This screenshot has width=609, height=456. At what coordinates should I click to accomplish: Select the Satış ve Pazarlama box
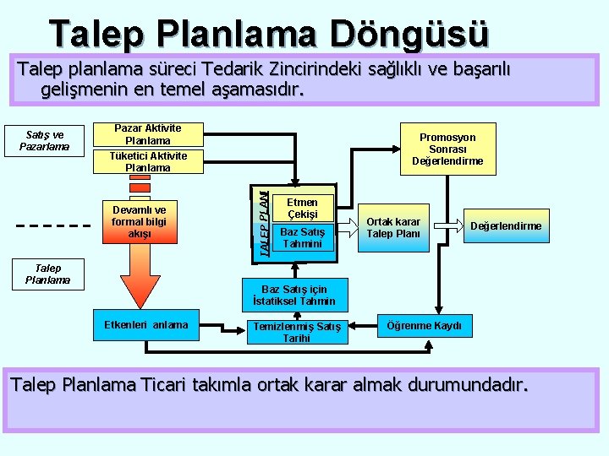click(47, 140)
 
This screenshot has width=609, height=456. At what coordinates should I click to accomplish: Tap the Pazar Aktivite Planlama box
click(147, 134)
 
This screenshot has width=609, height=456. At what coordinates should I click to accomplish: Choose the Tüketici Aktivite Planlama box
click(147, 161)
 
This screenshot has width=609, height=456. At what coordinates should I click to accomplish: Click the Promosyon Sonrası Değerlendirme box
click(447, 149)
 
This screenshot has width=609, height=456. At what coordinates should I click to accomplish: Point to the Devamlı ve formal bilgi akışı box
click(139, 221)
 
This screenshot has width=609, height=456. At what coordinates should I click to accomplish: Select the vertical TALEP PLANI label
click(265, 218)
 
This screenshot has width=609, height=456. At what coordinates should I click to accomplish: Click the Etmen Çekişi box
click(302, 208)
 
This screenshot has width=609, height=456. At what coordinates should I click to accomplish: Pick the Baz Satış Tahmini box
click(302, 237)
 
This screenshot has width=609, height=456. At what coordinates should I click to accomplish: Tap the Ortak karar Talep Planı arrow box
click(394, 226)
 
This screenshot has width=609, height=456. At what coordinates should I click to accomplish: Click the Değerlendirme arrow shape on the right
click(504, 225)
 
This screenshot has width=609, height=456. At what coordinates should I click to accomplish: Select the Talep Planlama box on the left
click(47, 274)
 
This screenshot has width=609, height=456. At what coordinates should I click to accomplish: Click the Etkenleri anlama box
click(145, 324)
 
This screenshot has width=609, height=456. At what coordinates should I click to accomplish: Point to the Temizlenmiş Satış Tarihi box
click(299, 331)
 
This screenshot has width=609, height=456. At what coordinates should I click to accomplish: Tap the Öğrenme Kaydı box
click(424, 326)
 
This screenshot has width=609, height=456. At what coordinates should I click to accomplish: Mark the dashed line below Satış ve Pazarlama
click(53, 226)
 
